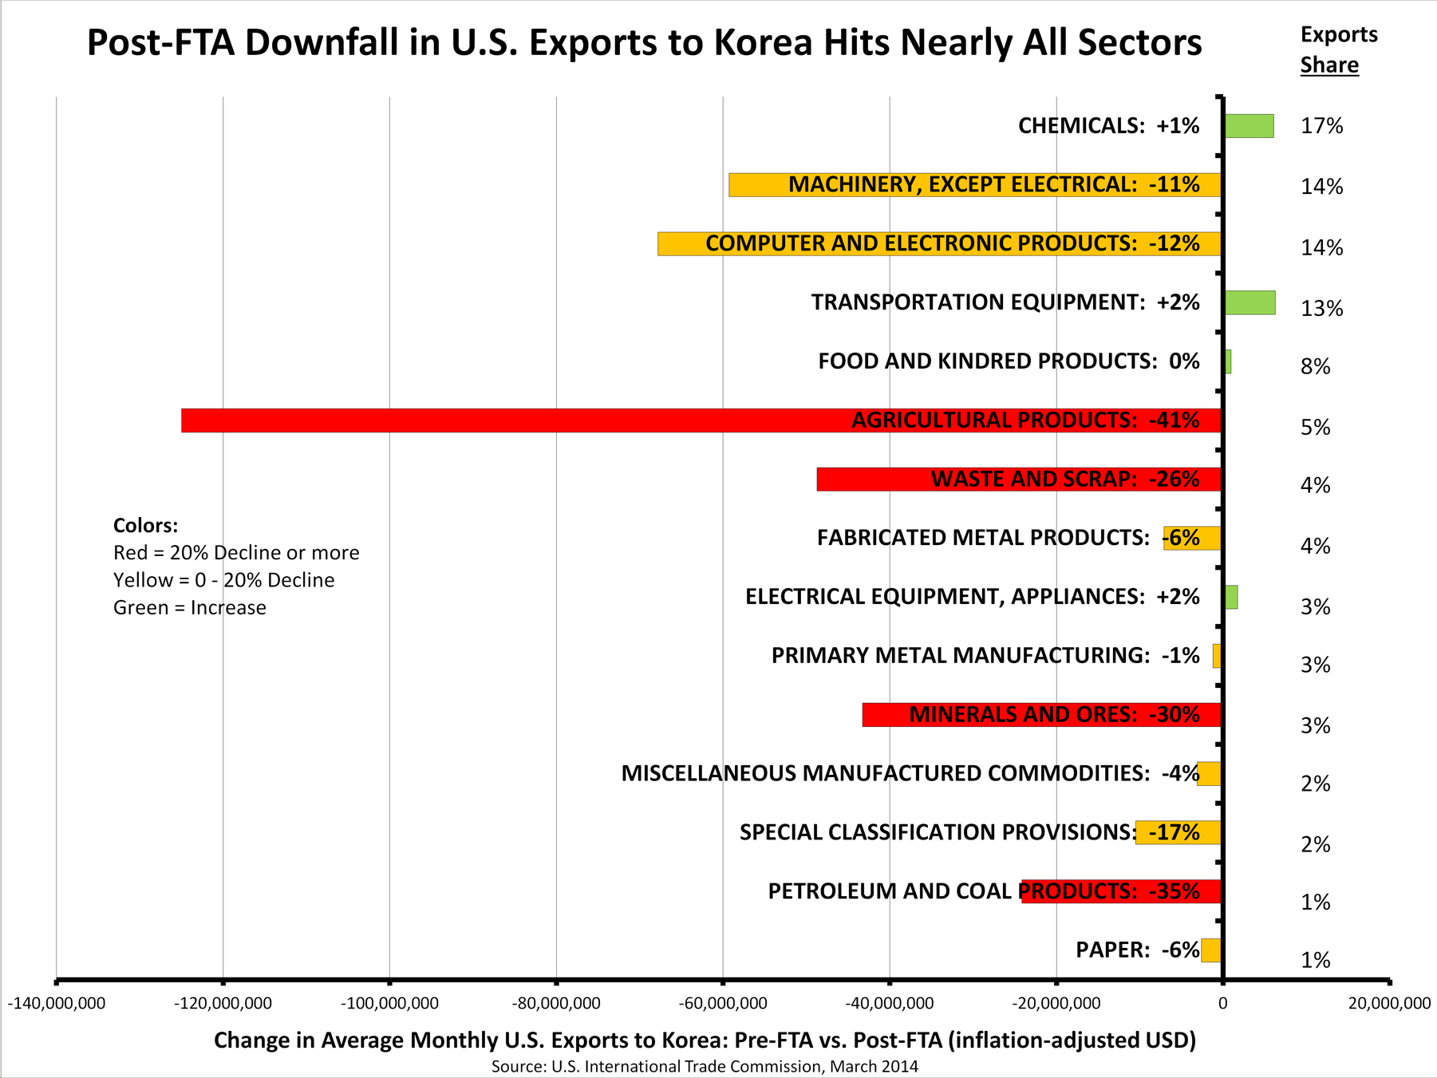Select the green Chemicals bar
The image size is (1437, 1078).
tap(1249, 126)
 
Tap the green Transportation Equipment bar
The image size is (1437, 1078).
tap(1249, 302)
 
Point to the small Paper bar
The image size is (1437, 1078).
tap(1211, 950)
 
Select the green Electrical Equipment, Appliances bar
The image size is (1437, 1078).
tap(1231, 597)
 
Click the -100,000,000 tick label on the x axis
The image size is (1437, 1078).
tap(389, 1004)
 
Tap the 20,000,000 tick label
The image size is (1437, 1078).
tap(1389, 1004)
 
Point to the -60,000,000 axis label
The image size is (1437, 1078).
tap(723, 1004)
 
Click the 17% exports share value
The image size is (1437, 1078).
tap(1322, 126)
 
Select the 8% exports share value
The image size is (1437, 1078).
tap(1316, 367)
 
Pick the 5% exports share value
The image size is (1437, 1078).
tap(1316, 428)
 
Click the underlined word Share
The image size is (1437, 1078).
tap(1329, 65)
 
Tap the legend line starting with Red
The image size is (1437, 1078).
tap(236, 553)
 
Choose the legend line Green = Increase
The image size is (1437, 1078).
tap(190, 608)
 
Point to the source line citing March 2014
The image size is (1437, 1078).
tap(705, 1066)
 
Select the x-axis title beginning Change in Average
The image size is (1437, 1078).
tap(705, 1040)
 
